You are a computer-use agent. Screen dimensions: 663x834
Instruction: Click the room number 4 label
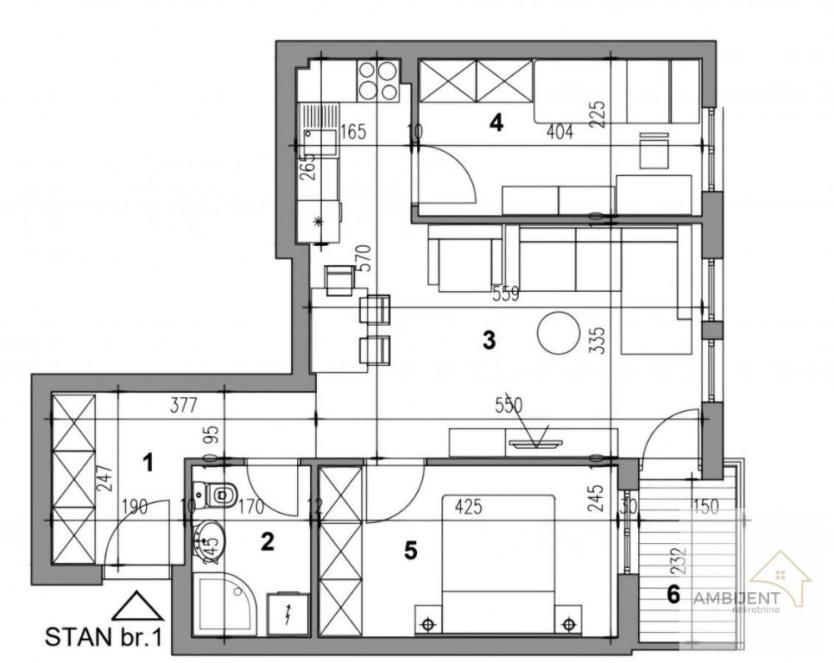point(496,123)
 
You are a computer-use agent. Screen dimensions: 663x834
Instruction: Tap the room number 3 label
point(490,339)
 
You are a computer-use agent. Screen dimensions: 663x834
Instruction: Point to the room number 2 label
point(267,542)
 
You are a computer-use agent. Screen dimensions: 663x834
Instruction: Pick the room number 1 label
point(148,461)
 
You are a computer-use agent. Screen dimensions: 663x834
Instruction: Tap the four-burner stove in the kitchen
point(378,80)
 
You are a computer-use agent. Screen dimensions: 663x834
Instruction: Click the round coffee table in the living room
point(557,332)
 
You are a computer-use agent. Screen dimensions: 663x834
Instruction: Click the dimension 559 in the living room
point(505,294)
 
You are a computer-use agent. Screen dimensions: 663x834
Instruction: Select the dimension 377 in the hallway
point(183,406)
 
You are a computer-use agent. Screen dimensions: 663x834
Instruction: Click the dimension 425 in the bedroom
point(470,505)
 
